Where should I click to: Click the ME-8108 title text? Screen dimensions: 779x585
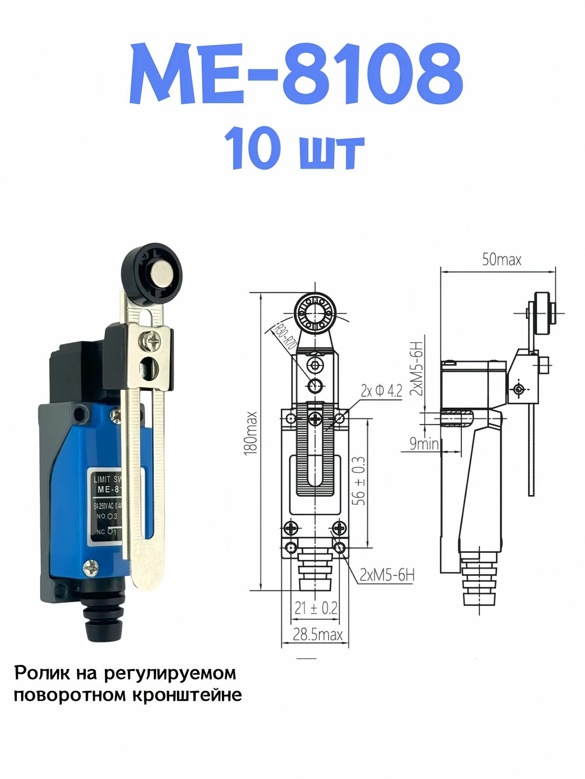[x=296, y=74]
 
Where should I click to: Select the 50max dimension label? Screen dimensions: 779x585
[x=502, y=260]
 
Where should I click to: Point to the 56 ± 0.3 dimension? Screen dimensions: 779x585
[x=359, y=481]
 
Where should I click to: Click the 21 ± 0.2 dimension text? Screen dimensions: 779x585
[x=316, y=608]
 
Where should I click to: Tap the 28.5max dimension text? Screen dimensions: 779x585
[x=317, y=634]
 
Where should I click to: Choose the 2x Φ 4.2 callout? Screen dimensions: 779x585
[x=381, y=391]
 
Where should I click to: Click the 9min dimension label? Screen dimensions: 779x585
[x=424, y=444]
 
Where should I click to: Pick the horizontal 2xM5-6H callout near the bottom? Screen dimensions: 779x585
[x=386, y=575]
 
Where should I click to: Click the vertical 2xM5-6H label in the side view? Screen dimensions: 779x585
[x=417, y=368]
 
